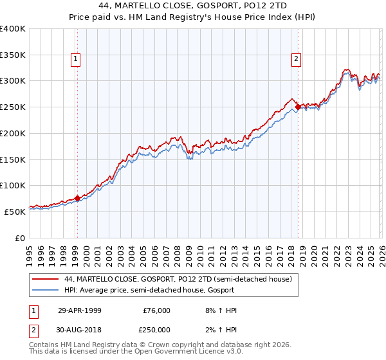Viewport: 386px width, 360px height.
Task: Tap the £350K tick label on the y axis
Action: click(13, 55)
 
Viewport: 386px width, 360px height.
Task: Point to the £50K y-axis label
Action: click(15, 212)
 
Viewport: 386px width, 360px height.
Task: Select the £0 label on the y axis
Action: click(20, 238)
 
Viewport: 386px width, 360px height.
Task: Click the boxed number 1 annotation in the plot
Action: click(76, 59)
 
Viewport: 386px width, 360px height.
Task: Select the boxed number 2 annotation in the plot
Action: click(297, 59)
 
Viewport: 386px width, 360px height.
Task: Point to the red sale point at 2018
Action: click(298, 107)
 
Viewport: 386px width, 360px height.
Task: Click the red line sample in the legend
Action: click(46, 279)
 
